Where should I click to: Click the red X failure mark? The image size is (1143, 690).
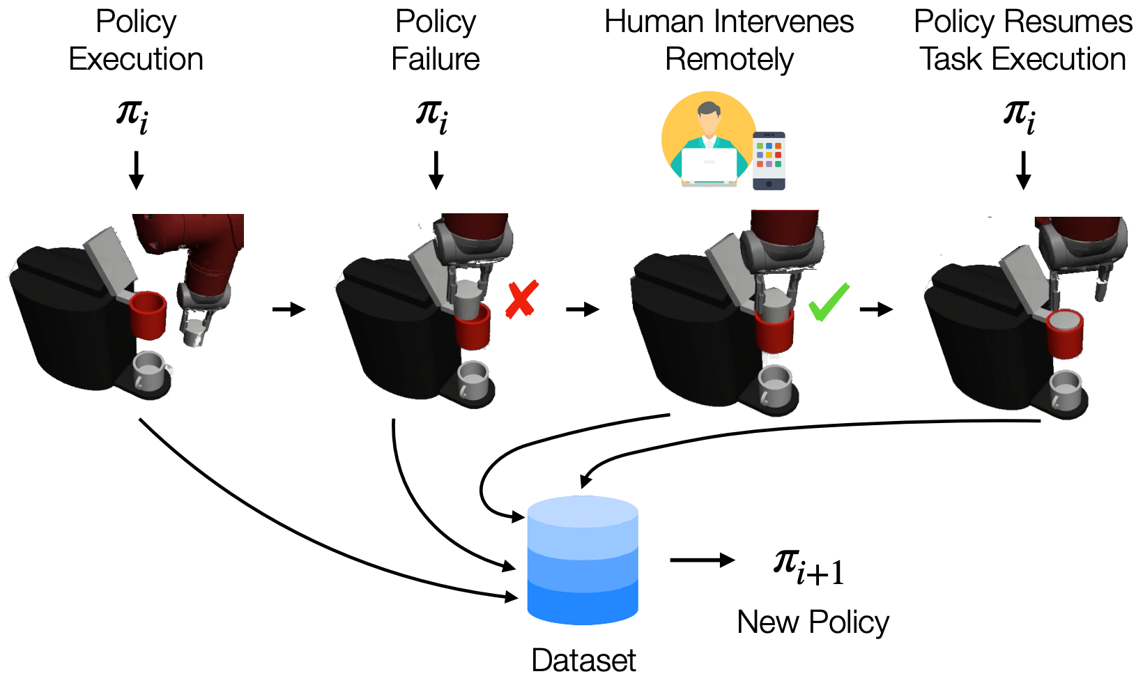[521, 299]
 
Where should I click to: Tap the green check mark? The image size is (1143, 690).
[829, 302]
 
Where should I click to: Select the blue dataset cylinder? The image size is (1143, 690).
[582, 560]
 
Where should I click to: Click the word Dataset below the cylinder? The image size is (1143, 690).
[583, 660]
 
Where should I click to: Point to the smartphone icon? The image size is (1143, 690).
[769, 161]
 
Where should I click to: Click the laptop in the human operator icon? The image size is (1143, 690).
[709, 165]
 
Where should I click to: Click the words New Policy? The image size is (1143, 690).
[813, 622]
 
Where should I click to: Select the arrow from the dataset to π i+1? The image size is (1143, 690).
[702, 560]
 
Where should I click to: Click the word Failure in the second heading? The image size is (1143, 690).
[436, 59]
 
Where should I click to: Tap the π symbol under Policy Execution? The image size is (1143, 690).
[132, 117]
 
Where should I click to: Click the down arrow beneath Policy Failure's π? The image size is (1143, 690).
[436, 171]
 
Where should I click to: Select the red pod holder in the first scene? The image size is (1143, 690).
[148, 315]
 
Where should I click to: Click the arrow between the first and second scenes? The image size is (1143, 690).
[289, 309]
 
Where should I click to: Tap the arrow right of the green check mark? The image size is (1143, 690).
[876, 309]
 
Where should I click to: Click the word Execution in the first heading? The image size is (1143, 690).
[136, 59]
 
